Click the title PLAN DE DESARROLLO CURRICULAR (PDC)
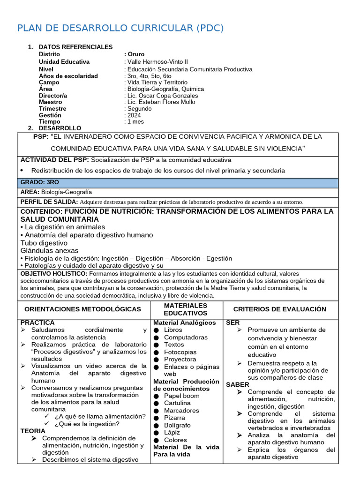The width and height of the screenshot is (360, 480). tap(120, 29)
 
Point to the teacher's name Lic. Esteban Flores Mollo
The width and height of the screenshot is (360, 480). tap(161, 102)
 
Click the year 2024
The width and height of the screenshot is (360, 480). tap(133, 115)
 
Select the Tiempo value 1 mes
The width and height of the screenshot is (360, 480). tap(135, 122)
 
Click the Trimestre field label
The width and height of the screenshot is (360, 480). tap(52, 109)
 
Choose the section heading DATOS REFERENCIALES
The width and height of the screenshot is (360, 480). tap(75, 47)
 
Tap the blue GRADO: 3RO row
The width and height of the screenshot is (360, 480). tap(178, 182)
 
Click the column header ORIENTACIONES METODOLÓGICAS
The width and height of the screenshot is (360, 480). tap(82, 309)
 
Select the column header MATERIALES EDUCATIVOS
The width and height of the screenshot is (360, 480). tap(186, 309)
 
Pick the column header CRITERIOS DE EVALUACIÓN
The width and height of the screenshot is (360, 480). tap(279, 309)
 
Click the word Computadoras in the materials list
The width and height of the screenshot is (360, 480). tap(186, 337)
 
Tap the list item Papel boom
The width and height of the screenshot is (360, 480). tap(181, 396)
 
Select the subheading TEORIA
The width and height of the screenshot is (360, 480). tap(33, 431)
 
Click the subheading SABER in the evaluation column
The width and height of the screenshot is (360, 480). tap(238, 384)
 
